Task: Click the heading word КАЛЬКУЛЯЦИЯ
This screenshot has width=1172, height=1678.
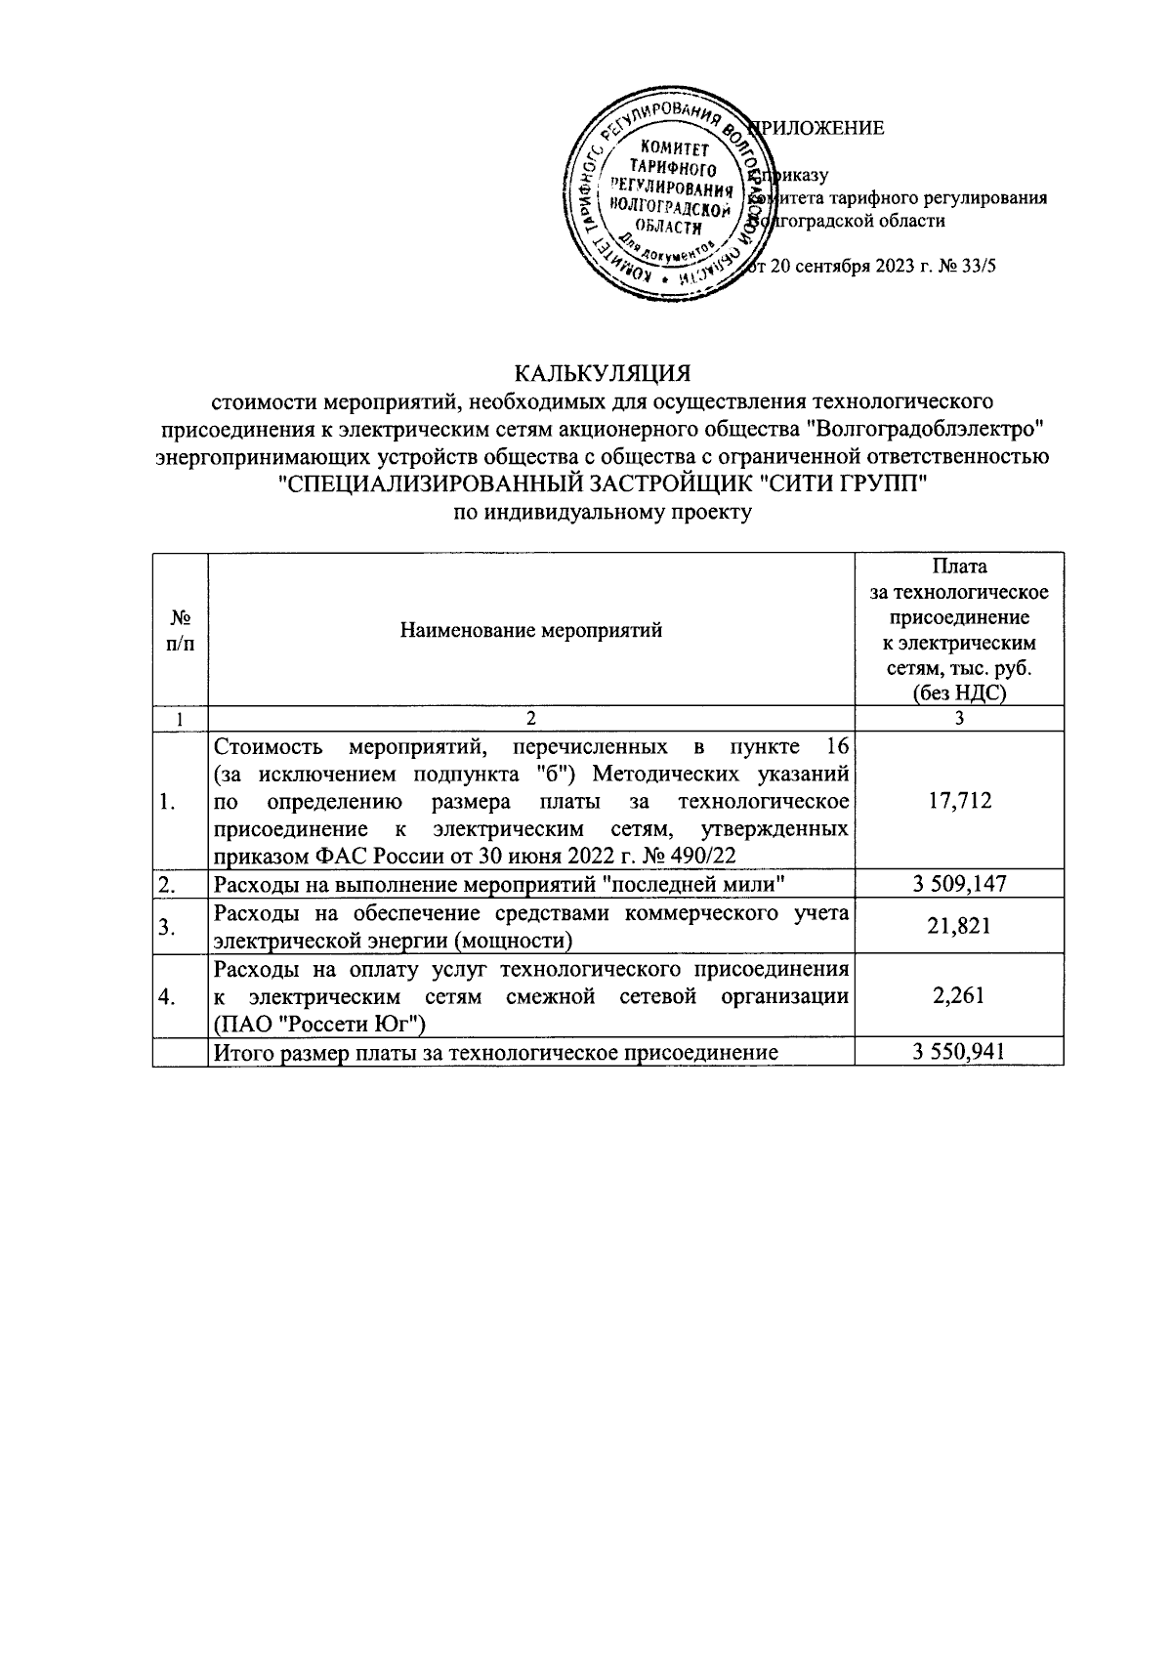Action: coord(603,374)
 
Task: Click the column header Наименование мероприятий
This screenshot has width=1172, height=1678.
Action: coord(531,630)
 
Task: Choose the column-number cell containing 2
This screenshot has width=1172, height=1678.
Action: coord(531,719)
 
